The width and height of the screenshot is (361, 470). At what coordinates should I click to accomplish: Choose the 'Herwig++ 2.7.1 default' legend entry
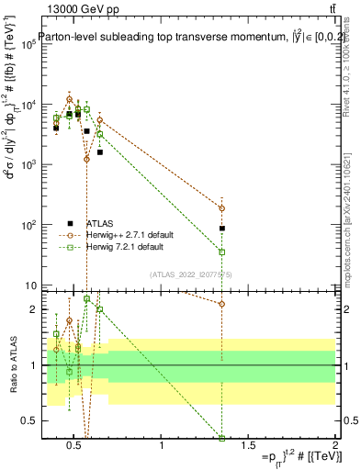[x=131, y=235]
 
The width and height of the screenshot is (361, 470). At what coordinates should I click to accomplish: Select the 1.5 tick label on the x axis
[x=248, y=446]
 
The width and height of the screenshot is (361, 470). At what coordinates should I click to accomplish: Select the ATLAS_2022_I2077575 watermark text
[x=190, y=274]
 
